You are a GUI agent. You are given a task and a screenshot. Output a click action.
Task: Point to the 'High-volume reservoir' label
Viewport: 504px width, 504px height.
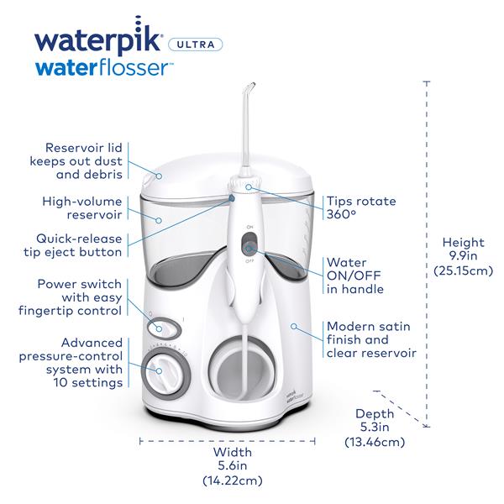tap(83, 209)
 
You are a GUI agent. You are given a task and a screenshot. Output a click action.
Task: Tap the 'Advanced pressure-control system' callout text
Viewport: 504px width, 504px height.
tap(73, 362)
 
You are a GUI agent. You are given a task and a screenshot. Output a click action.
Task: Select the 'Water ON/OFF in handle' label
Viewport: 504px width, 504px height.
tap(354, 276)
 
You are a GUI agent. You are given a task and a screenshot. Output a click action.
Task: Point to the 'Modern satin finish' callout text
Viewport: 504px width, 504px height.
tap(370, 339)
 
